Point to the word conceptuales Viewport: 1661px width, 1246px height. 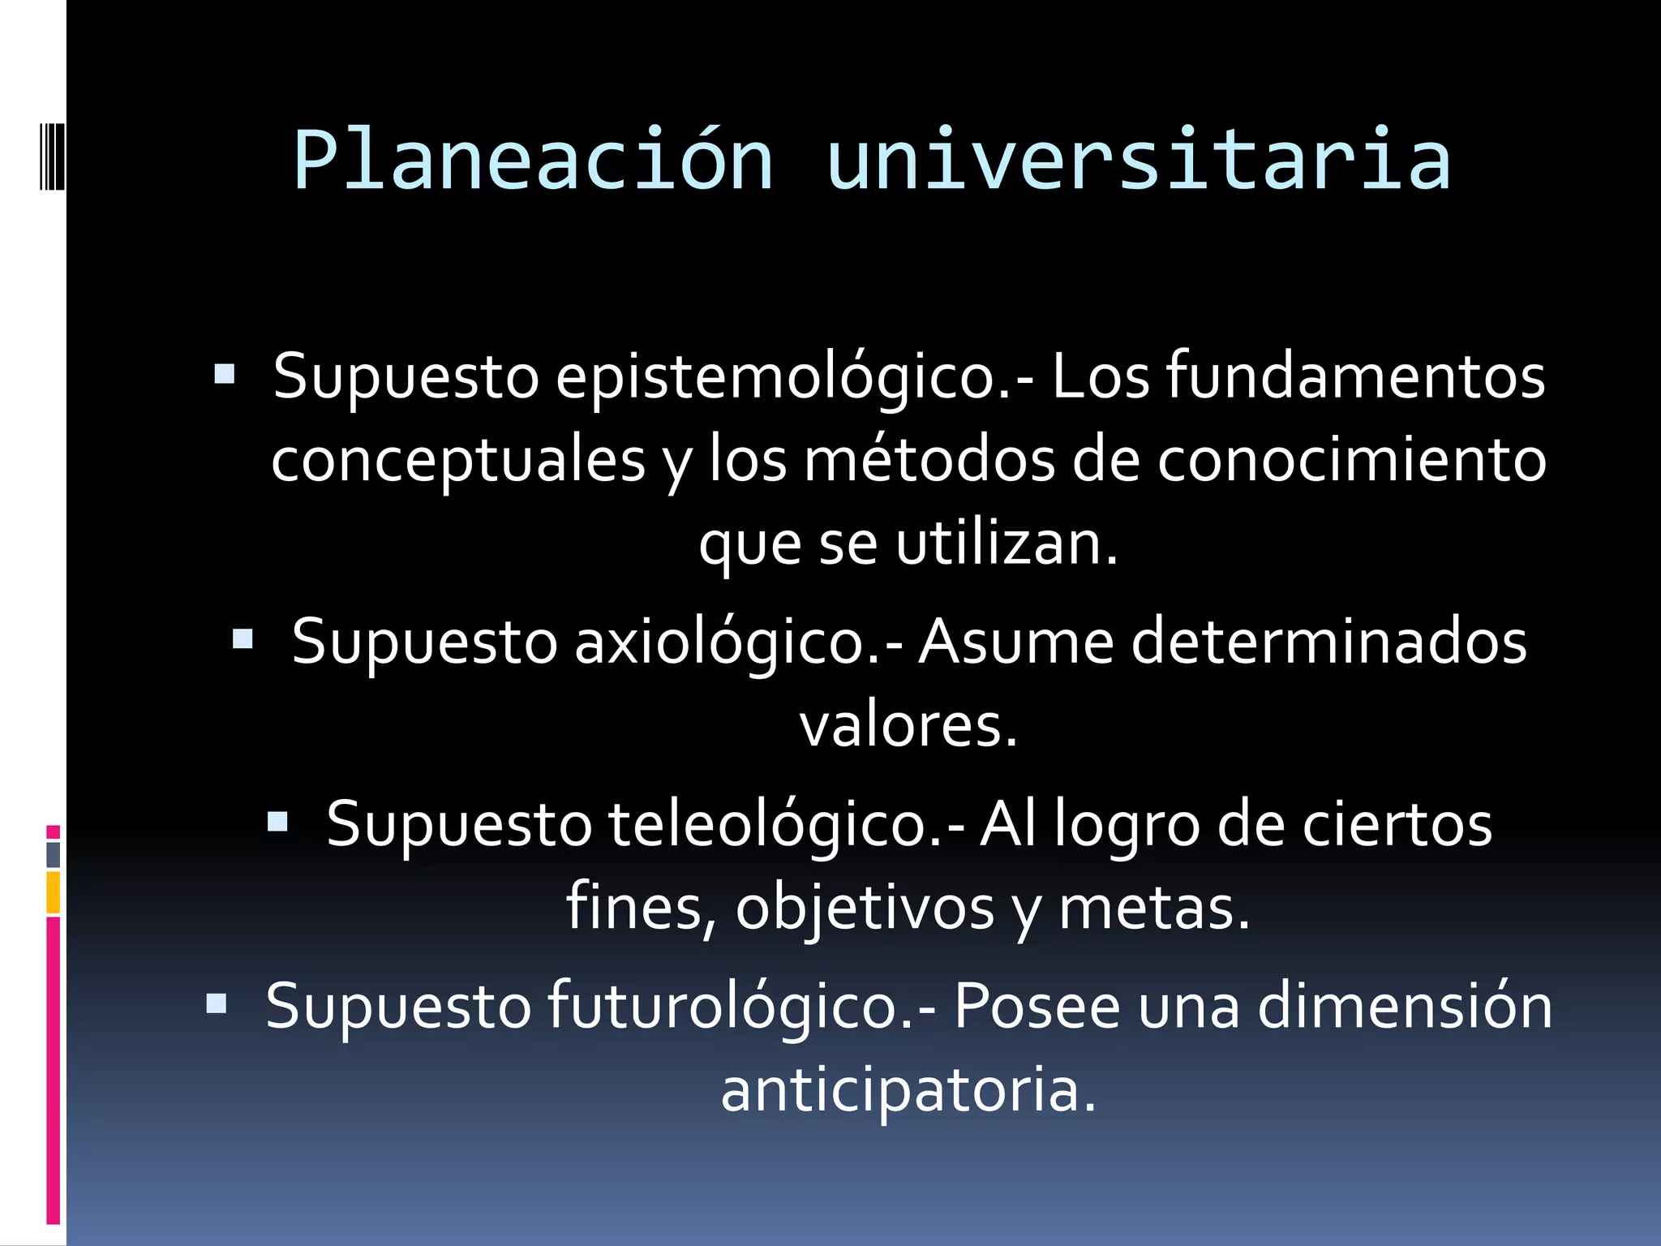(x=458, y=461)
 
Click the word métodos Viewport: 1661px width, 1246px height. (x=929, y=461)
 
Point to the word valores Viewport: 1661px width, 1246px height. (x=908, y=725)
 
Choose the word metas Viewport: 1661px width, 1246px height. (x=1154, y=908)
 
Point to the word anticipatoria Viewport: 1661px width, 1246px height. (x=908, y=1090)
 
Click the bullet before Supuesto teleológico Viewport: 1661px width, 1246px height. (x=277, y=823)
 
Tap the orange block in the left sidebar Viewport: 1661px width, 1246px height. (x=53, y=892)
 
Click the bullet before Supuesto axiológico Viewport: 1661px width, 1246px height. (x=242, y=640)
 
